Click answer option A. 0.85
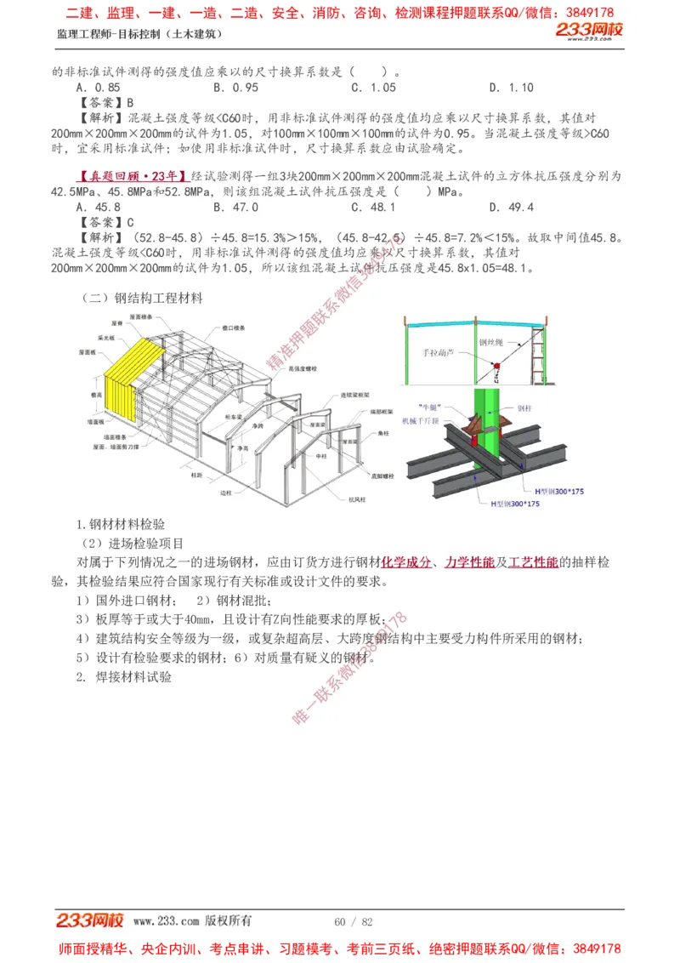(98, 88)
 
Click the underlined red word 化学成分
(405, 562)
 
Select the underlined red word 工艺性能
(533, 562)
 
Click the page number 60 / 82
(354, 922)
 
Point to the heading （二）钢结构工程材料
(142, 299)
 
